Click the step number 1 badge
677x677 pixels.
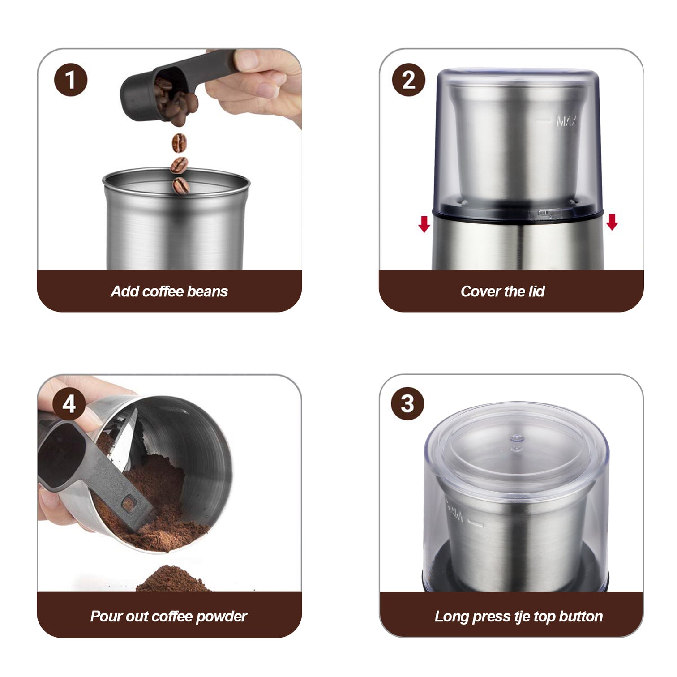coord(70,80)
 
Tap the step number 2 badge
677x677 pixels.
coord(408,80)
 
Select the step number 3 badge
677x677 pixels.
coord(407,403)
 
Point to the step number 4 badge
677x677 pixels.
coord(69,403)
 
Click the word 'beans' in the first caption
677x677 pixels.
coord(207,291)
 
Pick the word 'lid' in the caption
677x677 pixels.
coord(536,291)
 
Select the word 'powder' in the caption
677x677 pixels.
coord(222,617)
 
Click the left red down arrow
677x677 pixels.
coord(424,224)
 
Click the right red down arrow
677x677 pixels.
coord(612,222)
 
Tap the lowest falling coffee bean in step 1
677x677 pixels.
coord(181,185)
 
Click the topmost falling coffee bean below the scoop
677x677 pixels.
coord(179,143)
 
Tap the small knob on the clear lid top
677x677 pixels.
coord(517,438)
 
